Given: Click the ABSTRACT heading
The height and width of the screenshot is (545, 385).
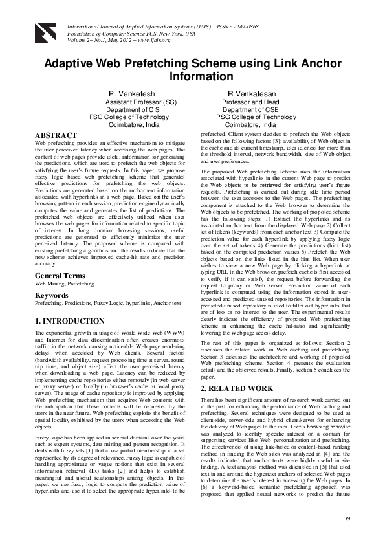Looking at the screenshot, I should click(x=56, y=135).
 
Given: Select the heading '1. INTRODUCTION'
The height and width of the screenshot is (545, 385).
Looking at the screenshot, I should click(x=70, y=321).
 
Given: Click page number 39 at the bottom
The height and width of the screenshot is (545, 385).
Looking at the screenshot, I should click(x=347, y=519).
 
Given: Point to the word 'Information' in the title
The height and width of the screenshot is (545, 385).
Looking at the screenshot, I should click(x=192, y=76).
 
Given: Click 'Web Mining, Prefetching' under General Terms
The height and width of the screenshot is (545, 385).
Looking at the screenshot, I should click(x=64, y=284).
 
